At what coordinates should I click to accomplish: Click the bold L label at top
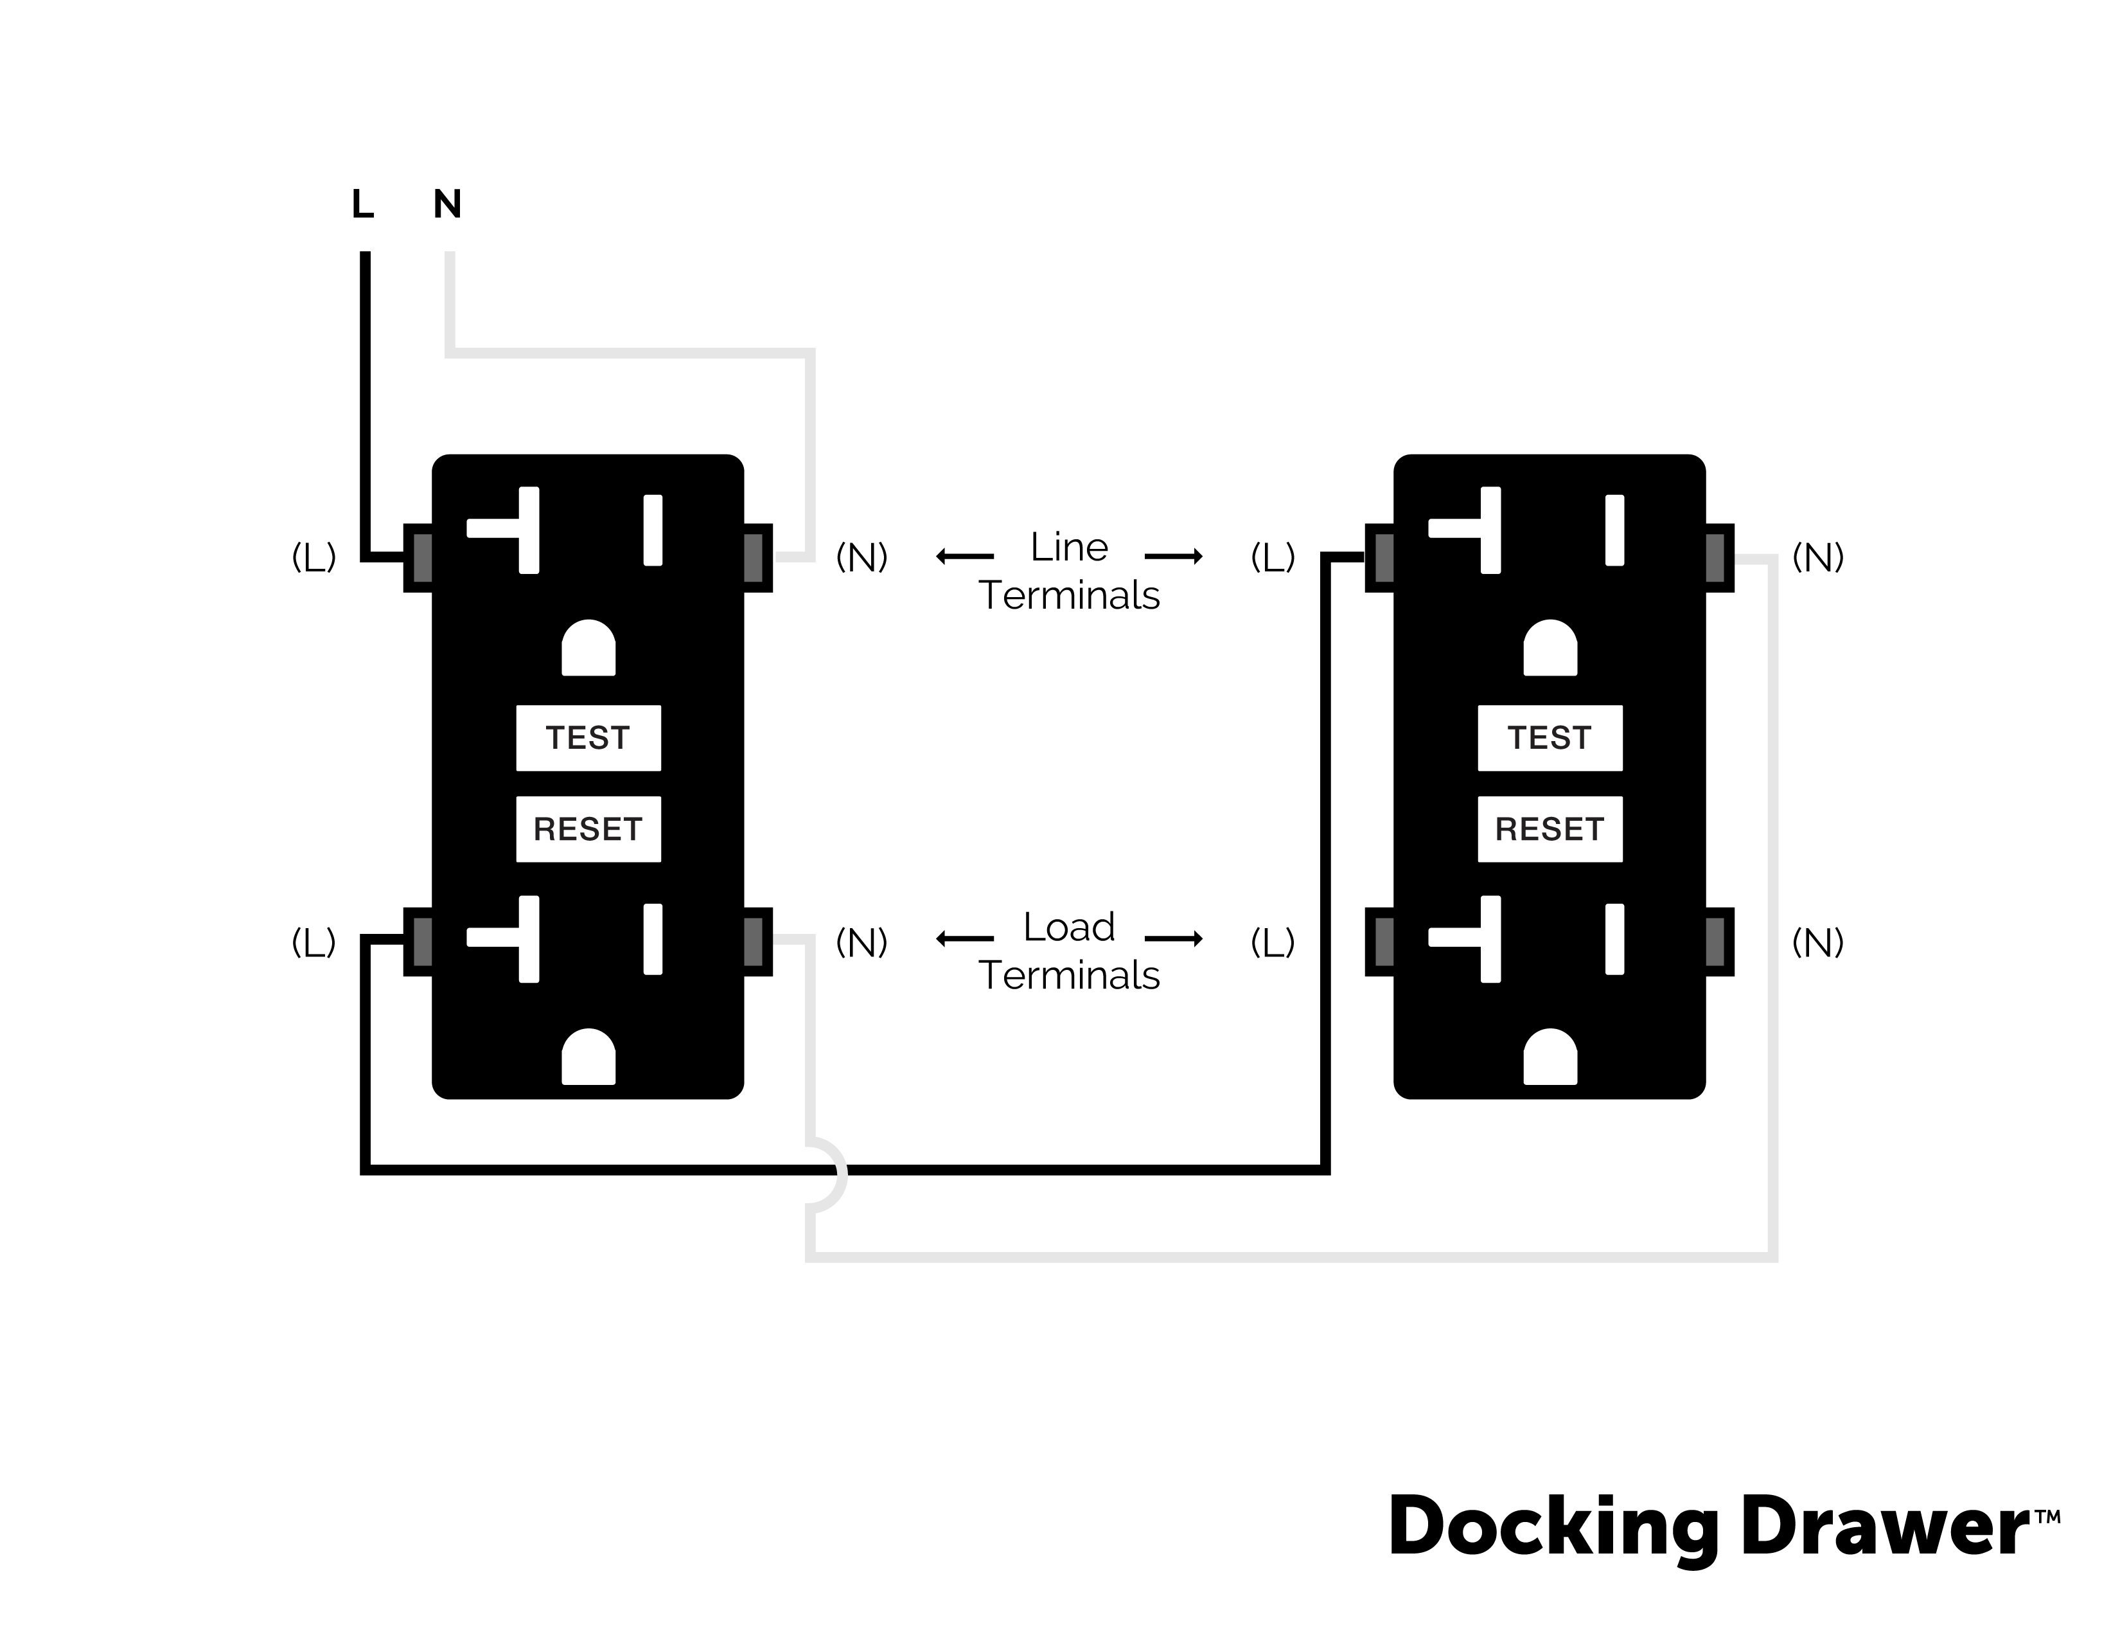362,204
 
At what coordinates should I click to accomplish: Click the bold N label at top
448,204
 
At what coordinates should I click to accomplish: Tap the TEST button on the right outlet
1550,738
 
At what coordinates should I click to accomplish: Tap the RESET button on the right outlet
1550,829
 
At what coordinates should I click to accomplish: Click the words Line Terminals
1069,571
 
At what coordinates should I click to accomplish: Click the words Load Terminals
1069,951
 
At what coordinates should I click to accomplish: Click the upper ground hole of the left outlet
588,649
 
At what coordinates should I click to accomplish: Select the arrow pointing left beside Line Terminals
964,557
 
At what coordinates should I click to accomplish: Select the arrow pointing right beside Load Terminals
1174,938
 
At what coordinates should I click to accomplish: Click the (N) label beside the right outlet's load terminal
1817,942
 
